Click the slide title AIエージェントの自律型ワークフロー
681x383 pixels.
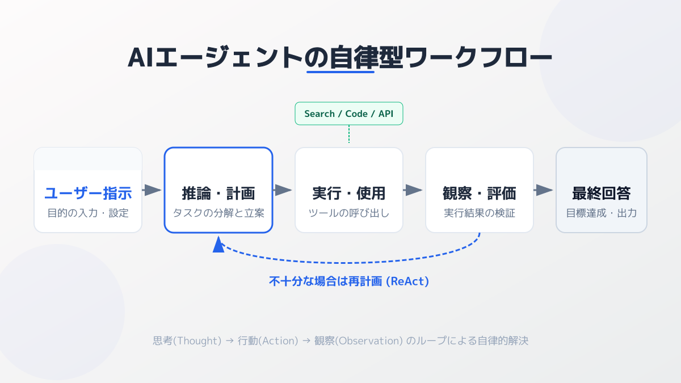(x=340, y=58)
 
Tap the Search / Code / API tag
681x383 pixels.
(x=348, y=113)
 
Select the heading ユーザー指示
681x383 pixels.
(x=88, y=193)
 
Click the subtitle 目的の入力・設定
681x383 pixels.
(x=88, y=213)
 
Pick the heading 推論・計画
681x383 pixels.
(x=218, y=193)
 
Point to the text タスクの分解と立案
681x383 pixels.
(x=218, y=213)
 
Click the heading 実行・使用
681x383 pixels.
(x=349, y=193)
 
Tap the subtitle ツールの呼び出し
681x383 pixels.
(x=349, y=213)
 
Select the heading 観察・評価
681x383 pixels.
(x=480, y=193)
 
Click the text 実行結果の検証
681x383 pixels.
(x=480, y=213)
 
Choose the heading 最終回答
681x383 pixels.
(x=601, y=193)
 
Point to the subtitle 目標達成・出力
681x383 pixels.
(x=601, y=213)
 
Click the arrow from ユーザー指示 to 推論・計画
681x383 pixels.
(x=153, y=190)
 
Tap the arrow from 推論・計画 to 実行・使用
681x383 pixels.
(x=283, y=190)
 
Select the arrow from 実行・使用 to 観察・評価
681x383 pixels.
(x=414, y=190)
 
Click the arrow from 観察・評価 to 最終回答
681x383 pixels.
(x=544, y=190)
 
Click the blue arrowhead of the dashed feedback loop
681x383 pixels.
(x=218, y=246)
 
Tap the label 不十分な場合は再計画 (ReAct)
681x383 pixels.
(x=348, y=281)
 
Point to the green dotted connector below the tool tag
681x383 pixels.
(x=348, y=134)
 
